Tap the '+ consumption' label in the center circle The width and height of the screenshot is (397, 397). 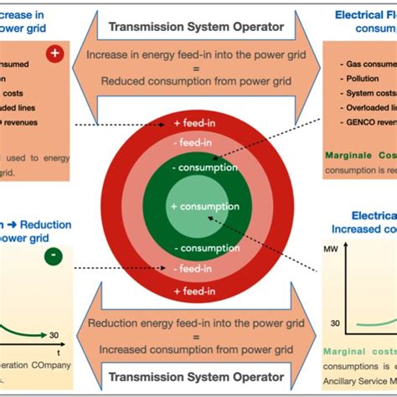pos(198,183)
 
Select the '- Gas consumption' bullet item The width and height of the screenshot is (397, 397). pos(368,63)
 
